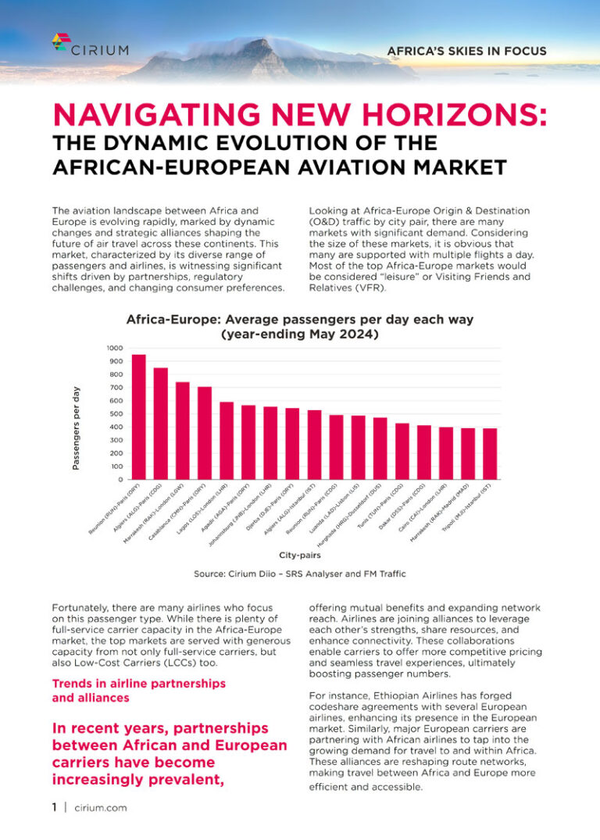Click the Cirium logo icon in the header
tap(61, 41)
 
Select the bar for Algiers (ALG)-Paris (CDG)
tap(160, 423)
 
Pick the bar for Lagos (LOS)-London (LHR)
tap(227, 440)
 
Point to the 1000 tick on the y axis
tap(115, 348)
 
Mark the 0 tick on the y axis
tap(120, 479)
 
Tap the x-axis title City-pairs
tap(300, 555)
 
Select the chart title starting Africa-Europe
tap(300, 327)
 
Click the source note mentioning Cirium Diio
tap(300, 574)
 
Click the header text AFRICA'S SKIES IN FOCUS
tap(466, 52)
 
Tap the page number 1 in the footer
tap(55, 808)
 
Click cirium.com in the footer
tap(100, 808)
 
